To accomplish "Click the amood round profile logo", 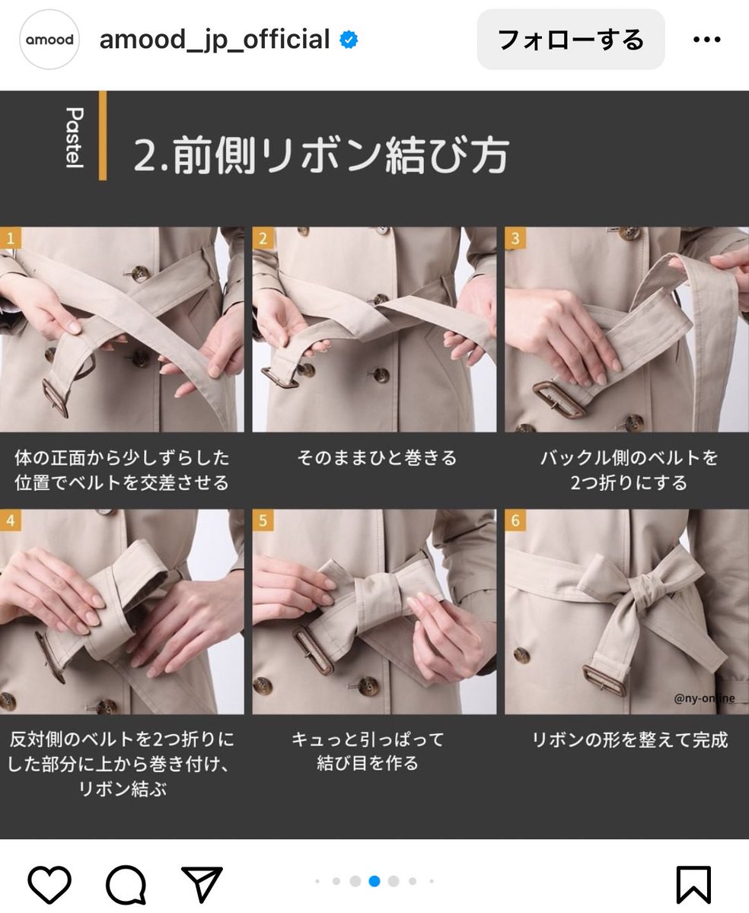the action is (49, 40).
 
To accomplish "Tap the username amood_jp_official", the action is (215, 40).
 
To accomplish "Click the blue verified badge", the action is (349, 40).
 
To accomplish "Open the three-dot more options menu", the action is (706, 40).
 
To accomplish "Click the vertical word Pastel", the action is (75, 138).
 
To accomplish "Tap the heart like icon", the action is (49, 884).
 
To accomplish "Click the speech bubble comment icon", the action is (126, 884).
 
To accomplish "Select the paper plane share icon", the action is (202, 884).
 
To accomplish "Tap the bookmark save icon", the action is (693, 885).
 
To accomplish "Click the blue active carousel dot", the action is (374, 881).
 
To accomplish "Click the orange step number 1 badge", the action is (11, 238).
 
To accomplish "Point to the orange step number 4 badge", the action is (11, 520).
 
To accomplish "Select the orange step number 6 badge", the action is (515, 520).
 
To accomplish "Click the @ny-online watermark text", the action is (704, 698).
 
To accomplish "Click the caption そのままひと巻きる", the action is (377, 458).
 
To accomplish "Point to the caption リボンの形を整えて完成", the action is (629, 740).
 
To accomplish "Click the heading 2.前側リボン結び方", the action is (321, 154).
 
